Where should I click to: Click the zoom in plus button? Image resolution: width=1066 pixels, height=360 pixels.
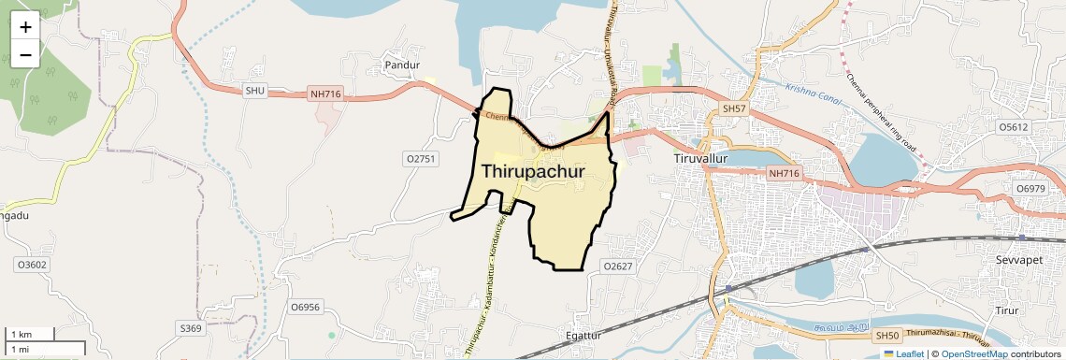click(25, 27)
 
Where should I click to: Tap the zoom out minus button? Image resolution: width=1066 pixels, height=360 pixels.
click(25, 54)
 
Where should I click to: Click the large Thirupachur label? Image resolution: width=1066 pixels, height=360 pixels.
click(533, 172)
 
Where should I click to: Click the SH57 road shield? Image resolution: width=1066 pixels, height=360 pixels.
click(735, 109)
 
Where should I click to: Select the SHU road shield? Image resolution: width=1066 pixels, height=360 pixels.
click(255, 91)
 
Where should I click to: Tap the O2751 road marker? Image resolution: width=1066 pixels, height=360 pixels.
click(421, 159)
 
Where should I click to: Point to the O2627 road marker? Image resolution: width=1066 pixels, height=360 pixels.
click(618, 266)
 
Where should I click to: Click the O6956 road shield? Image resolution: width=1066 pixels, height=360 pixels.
click(305, 307)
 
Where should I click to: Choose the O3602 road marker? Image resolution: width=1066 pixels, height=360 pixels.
click(31, 265)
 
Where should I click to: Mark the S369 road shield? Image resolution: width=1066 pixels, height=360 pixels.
click(190, 328)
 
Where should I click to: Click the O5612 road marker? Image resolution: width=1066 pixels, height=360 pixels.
click(1013, 126)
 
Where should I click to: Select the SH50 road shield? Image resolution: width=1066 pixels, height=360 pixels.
click(885, 335)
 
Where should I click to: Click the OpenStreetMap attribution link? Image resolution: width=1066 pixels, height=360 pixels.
click(973, 353)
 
